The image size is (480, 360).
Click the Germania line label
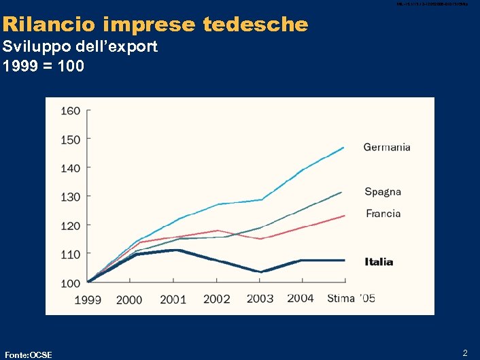click(x=387, y=147)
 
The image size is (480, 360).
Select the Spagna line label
click(x=383, y=191)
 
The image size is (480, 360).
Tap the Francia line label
click(x=383, y=213)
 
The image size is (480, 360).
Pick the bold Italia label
click(x=379, y=261)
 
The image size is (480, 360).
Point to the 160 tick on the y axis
click(x=71, y=110)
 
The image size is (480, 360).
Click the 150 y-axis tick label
click(x=71, y=140)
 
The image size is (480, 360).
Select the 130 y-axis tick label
click(x=71, y=197)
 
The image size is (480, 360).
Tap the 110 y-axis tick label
click(x=71, y=254)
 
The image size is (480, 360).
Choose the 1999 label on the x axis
click(x=88, y=299)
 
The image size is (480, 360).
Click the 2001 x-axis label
click(x=173, y=299)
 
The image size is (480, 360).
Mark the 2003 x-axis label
click(x=260, y=299)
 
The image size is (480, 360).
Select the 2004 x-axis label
click(x=301, y=299)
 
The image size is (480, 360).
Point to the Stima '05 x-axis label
click(x=351, y=299)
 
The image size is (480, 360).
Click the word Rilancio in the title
click(x=50, y=25)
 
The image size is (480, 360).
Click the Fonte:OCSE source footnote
click(x=29, y=354)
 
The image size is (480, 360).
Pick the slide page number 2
click(x=465, y=353)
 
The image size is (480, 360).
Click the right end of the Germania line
click(x=343, y=147)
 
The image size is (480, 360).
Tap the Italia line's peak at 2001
click(x=176, y=250)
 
